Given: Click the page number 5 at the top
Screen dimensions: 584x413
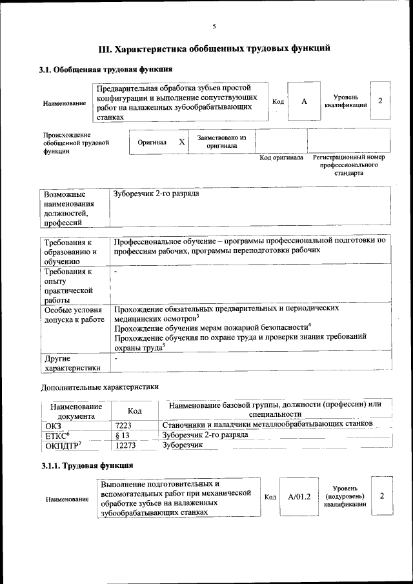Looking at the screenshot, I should [214, 26].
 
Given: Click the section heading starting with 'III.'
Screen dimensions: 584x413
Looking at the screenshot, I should [214, 48].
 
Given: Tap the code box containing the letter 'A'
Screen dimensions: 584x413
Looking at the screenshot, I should [304, 102].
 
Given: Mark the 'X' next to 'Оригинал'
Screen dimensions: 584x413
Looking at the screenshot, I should [182, 141].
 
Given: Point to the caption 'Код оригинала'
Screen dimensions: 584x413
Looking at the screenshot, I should [281, 157].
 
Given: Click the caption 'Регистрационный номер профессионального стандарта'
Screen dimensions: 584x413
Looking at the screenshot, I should [348, 165].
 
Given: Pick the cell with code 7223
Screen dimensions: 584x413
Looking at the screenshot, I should [123, 424].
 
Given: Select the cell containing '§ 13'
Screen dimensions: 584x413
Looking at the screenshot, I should [122, 435].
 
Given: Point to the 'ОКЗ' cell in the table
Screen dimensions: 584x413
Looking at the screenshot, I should [52, 425].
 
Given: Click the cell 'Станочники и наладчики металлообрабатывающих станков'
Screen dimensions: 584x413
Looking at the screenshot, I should [267, 424].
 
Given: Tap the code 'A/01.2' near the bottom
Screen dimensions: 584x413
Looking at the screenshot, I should [299, 496].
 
